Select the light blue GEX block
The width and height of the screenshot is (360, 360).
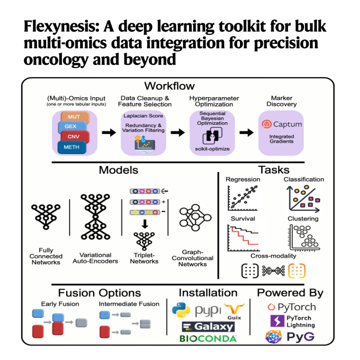coord(72,127)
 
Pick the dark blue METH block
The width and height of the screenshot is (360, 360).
coord(72,147)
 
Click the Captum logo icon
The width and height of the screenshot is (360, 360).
coord(266,124)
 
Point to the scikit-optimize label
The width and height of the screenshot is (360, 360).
coord(212,149)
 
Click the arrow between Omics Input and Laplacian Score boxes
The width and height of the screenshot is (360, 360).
coord(109,133)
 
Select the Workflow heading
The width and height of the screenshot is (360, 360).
coord(169,86)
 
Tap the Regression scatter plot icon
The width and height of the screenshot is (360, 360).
coord(242,198)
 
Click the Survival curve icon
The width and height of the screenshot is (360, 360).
coord(243,238)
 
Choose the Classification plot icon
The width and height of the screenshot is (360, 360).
coord(303,199)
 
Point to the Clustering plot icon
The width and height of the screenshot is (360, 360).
coord(304,238)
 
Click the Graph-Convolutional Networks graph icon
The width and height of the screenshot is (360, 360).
coord(195,218)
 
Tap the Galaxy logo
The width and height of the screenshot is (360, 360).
coord(208,327)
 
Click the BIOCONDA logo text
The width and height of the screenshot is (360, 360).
coord(208,339)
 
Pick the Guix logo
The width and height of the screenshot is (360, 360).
coord(234,311)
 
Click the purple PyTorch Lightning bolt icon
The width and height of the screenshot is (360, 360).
coord(277,321)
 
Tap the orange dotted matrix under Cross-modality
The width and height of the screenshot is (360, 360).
coord(296,271)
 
